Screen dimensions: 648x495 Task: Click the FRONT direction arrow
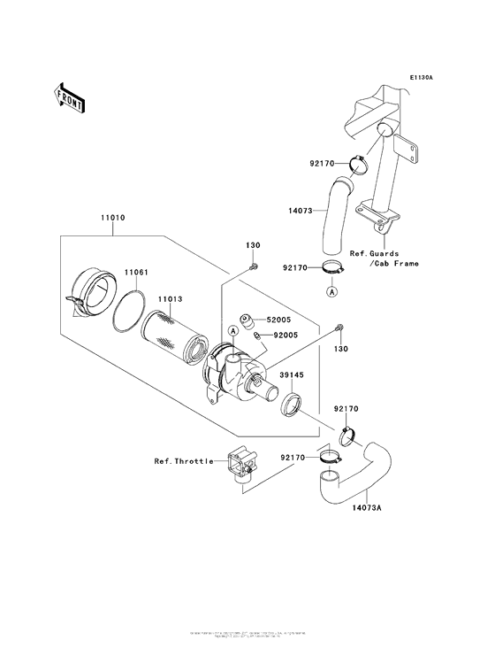coord(70,96)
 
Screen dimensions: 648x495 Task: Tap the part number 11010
coord(112,216)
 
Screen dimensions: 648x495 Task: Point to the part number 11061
coord(135,272)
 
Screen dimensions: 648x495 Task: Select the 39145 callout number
coord(293,374)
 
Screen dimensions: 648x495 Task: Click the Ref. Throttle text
coord(183,461)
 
